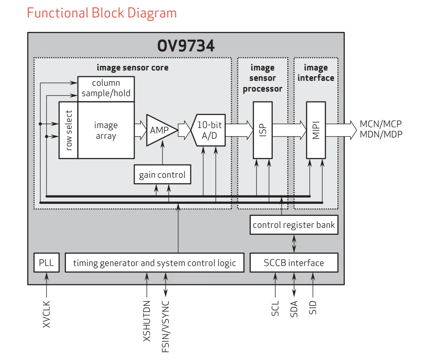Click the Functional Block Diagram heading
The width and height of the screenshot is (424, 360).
(102, 13)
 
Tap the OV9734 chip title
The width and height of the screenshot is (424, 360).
(186, 46)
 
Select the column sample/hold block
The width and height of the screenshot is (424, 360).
(106, 89)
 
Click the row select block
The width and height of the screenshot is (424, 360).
(68, 130)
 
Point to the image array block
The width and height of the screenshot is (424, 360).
(106, 130)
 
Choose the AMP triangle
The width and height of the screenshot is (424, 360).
(160, 130)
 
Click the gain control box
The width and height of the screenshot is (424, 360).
(162, 174)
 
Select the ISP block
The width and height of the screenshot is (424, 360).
(263, 130)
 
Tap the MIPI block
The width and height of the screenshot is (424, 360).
(316, 130)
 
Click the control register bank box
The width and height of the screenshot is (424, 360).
(294, 225)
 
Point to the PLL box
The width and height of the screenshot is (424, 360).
(46, 263)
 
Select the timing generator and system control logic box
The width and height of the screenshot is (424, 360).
(155, 263)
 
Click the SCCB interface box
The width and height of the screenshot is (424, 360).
(294, 263)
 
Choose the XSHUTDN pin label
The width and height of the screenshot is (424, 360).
(146, 321)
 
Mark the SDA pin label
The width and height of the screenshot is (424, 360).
(294, 309)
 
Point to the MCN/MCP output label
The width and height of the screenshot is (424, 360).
(380, 124)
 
